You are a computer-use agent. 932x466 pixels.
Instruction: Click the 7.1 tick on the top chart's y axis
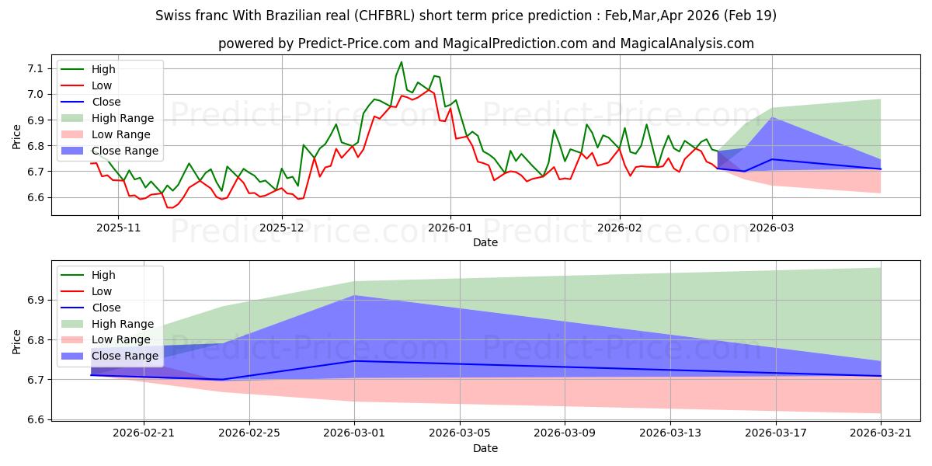coord(36,68)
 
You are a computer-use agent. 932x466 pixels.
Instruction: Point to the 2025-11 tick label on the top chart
coord(119,228)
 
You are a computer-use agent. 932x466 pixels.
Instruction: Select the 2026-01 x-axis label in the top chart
coord(450,228)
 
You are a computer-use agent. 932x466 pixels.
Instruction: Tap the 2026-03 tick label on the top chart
coord(772,228)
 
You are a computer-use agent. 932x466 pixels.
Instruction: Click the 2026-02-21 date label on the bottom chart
coord(144,433)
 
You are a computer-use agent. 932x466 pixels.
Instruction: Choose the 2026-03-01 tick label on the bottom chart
coord(354,433)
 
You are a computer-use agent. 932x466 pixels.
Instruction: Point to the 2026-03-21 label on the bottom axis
coord(881,433)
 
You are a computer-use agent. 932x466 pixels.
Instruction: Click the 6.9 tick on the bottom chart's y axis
coord(36,301)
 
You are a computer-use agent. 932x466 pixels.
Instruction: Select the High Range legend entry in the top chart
coord(108,118)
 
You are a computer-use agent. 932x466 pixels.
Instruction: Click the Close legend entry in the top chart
coord(91,102)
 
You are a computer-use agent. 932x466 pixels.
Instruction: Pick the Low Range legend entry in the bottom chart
coord(106,340)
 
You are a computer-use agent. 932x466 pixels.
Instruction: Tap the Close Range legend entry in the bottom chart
coord(110,356)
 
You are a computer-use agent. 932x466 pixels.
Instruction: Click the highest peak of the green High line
coord(401,62)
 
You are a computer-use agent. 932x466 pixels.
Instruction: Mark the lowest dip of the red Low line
coord(170,207)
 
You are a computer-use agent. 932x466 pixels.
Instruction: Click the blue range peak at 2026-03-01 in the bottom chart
coord(354,295)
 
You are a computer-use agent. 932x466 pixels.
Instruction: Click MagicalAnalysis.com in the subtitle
coord(687,43)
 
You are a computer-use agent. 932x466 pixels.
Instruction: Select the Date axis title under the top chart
coord(485,242)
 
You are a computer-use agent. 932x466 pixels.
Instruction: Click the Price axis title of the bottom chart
coord(16,342)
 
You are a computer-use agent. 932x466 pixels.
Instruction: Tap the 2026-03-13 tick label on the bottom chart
coord(670,433)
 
